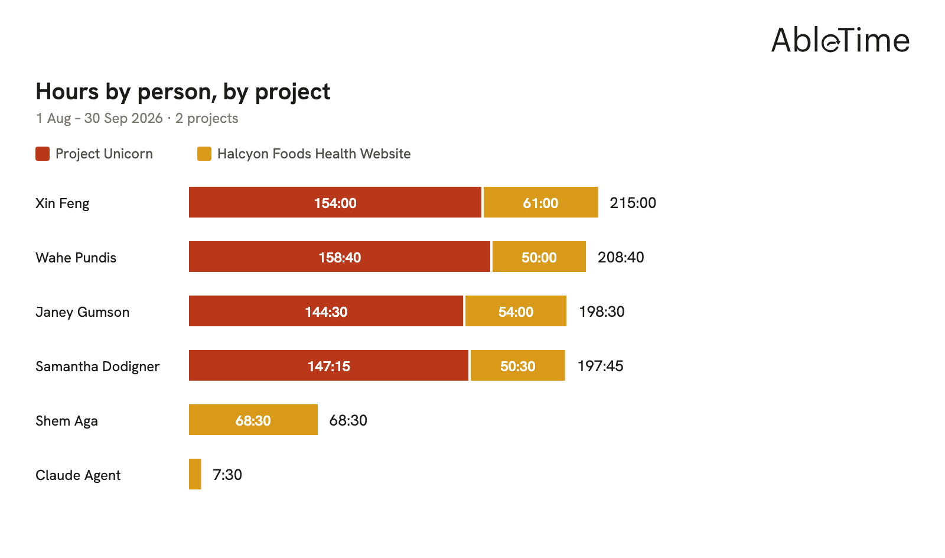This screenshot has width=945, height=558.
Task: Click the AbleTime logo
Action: tap(840, 40)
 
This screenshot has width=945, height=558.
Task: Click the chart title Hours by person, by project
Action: tap(183, 92)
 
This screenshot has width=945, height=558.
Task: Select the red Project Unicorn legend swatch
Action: tap(43, 154)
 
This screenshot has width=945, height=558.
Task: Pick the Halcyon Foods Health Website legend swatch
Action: tap(204, 154)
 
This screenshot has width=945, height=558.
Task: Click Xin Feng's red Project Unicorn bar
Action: tap(335, 202)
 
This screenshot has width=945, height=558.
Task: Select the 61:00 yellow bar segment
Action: tap(540, 202)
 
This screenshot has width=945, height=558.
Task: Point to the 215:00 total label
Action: tap(633, 203)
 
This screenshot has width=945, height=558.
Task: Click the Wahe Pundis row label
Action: tap(76, 258)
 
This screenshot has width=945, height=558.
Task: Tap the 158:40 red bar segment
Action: tap(340, 257)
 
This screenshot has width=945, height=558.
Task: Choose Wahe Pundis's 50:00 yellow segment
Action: tap(539, 257)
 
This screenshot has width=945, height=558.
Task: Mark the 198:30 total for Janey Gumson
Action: tap(602, 312)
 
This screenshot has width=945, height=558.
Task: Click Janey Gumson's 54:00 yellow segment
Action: tap(516, 311)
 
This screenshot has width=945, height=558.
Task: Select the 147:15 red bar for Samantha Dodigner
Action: tap(328, 365)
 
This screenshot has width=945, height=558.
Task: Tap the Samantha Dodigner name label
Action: tap(97, 366)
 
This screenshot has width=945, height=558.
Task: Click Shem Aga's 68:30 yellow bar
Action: tap(253, 420)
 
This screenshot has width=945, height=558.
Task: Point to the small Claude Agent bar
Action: tap(195, 475)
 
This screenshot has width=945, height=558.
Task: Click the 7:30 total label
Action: tap(227, 475)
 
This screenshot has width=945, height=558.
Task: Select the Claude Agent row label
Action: tap(78, 475)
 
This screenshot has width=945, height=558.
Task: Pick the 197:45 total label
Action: tap(600, 366)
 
